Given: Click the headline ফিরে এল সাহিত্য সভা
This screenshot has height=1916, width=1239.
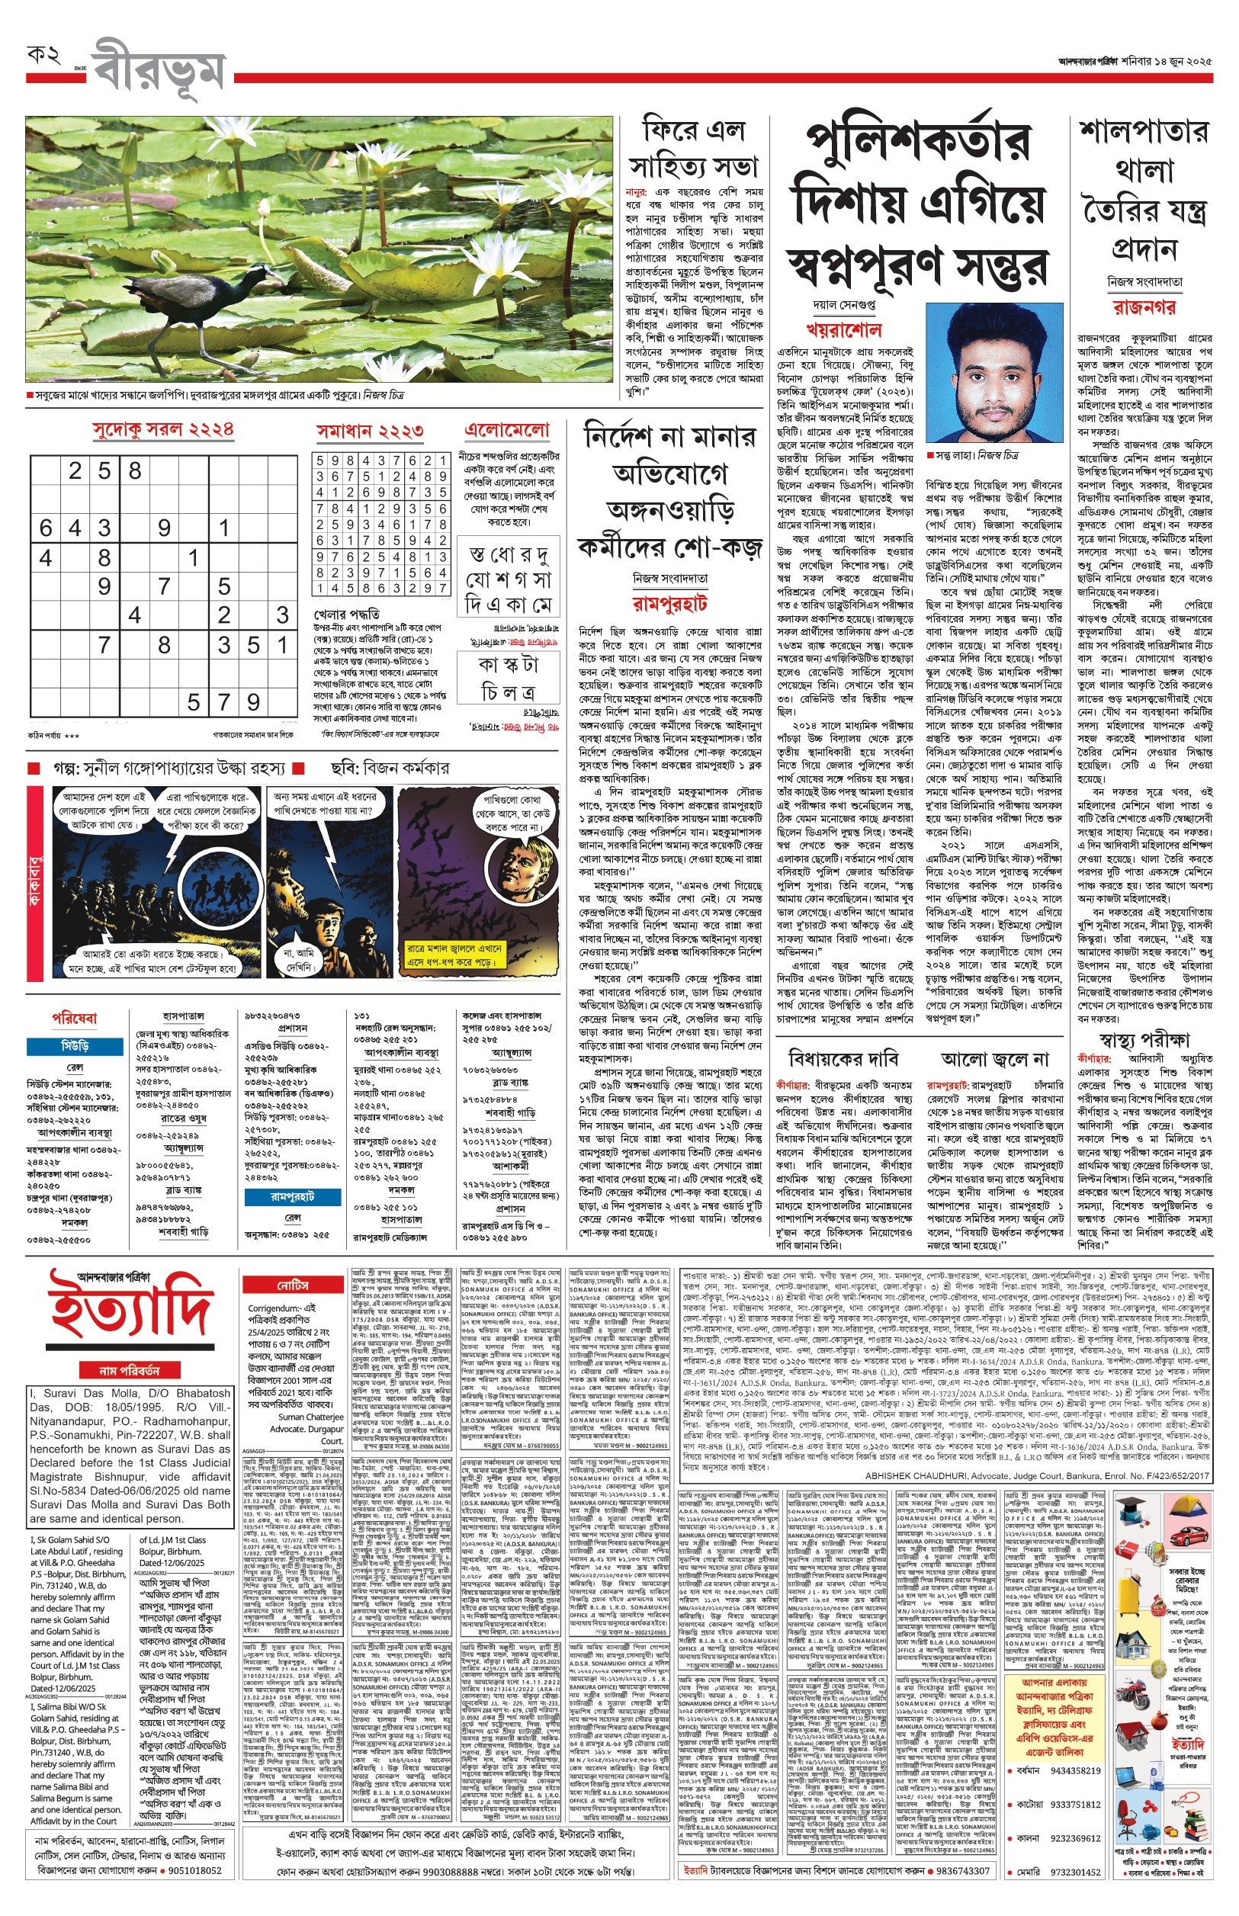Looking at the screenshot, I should (x=693, y=149).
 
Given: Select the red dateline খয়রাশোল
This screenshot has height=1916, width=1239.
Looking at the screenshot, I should (x=844, y=330).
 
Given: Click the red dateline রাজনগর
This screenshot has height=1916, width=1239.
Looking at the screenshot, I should (x=1144, y=307).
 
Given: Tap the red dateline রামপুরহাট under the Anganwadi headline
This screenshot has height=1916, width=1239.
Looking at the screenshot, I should (x=669, y=603).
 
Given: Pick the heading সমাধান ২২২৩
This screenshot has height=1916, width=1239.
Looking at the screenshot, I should (x=369, y=432).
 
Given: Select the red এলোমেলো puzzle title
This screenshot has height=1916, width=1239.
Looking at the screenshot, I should (x=508, y=431).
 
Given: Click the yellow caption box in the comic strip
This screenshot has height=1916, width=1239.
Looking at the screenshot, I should (x=454, y=955).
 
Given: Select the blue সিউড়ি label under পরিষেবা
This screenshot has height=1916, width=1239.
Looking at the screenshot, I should (x=75, y=1045).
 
